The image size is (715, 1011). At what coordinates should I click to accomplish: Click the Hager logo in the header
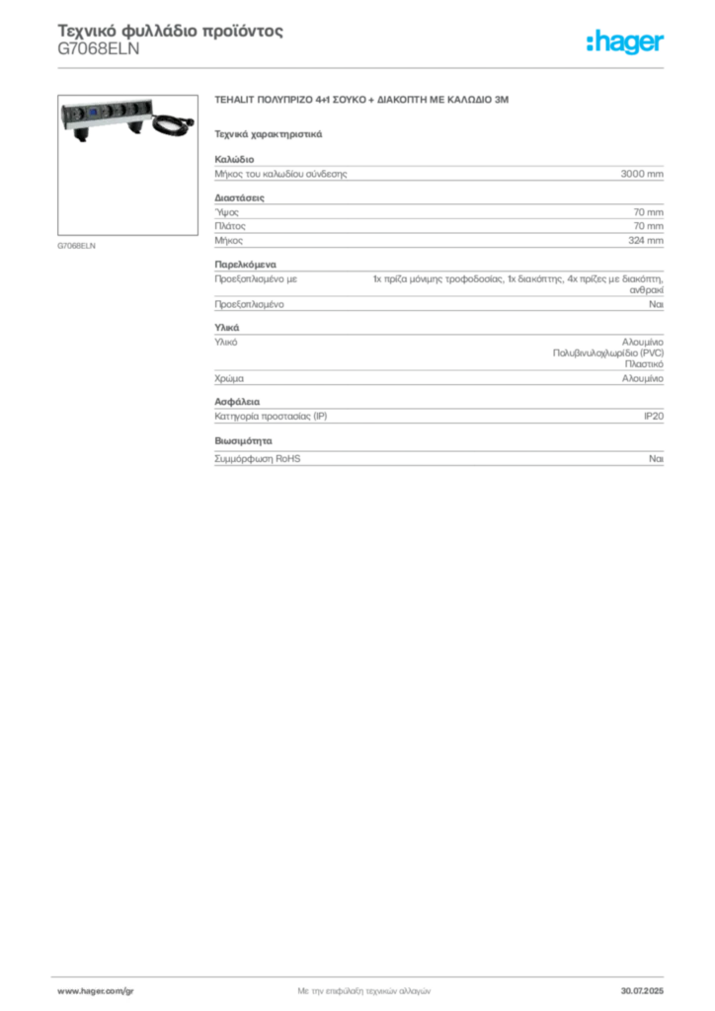coord(625,41)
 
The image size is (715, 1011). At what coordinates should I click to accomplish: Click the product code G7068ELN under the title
coord(99,49)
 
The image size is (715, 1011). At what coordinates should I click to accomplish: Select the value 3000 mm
coord(642,174)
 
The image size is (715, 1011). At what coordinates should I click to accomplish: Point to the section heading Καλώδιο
coord(234,159)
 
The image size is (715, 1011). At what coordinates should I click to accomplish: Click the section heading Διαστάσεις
coord(239,197)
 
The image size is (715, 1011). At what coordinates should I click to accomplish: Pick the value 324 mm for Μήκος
coord(645,240)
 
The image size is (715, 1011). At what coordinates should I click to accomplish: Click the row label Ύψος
coord(226,212)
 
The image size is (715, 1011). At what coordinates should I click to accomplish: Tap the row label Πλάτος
coord(229,226)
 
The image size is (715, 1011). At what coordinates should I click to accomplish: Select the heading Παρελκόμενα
coord(245,265)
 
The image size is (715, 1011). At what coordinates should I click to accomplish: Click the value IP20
coord(653,416)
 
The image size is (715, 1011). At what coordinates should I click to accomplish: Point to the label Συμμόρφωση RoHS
coord(257,458)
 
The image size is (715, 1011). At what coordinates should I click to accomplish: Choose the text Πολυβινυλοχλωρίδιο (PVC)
coord(608,353)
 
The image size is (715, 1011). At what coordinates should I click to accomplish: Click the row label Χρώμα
coord(229,378)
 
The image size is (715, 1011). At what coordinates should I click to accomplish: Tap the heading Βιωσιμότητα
coord(243,441)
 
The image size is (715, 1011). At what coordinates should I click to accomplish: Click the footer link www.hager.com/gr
coord(96,991)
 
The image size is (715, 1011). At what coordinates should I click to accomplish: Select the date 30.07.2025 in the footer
coord(642,991)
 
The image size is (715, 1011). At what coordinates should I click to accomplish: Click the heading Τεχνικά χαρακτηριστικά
coord(269,134)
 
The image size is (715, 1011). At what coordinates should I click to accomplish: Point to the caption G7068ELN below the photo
coord(76,246)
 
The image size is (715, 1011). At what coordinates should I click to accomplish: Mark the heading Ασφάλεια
coord(237,402)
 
